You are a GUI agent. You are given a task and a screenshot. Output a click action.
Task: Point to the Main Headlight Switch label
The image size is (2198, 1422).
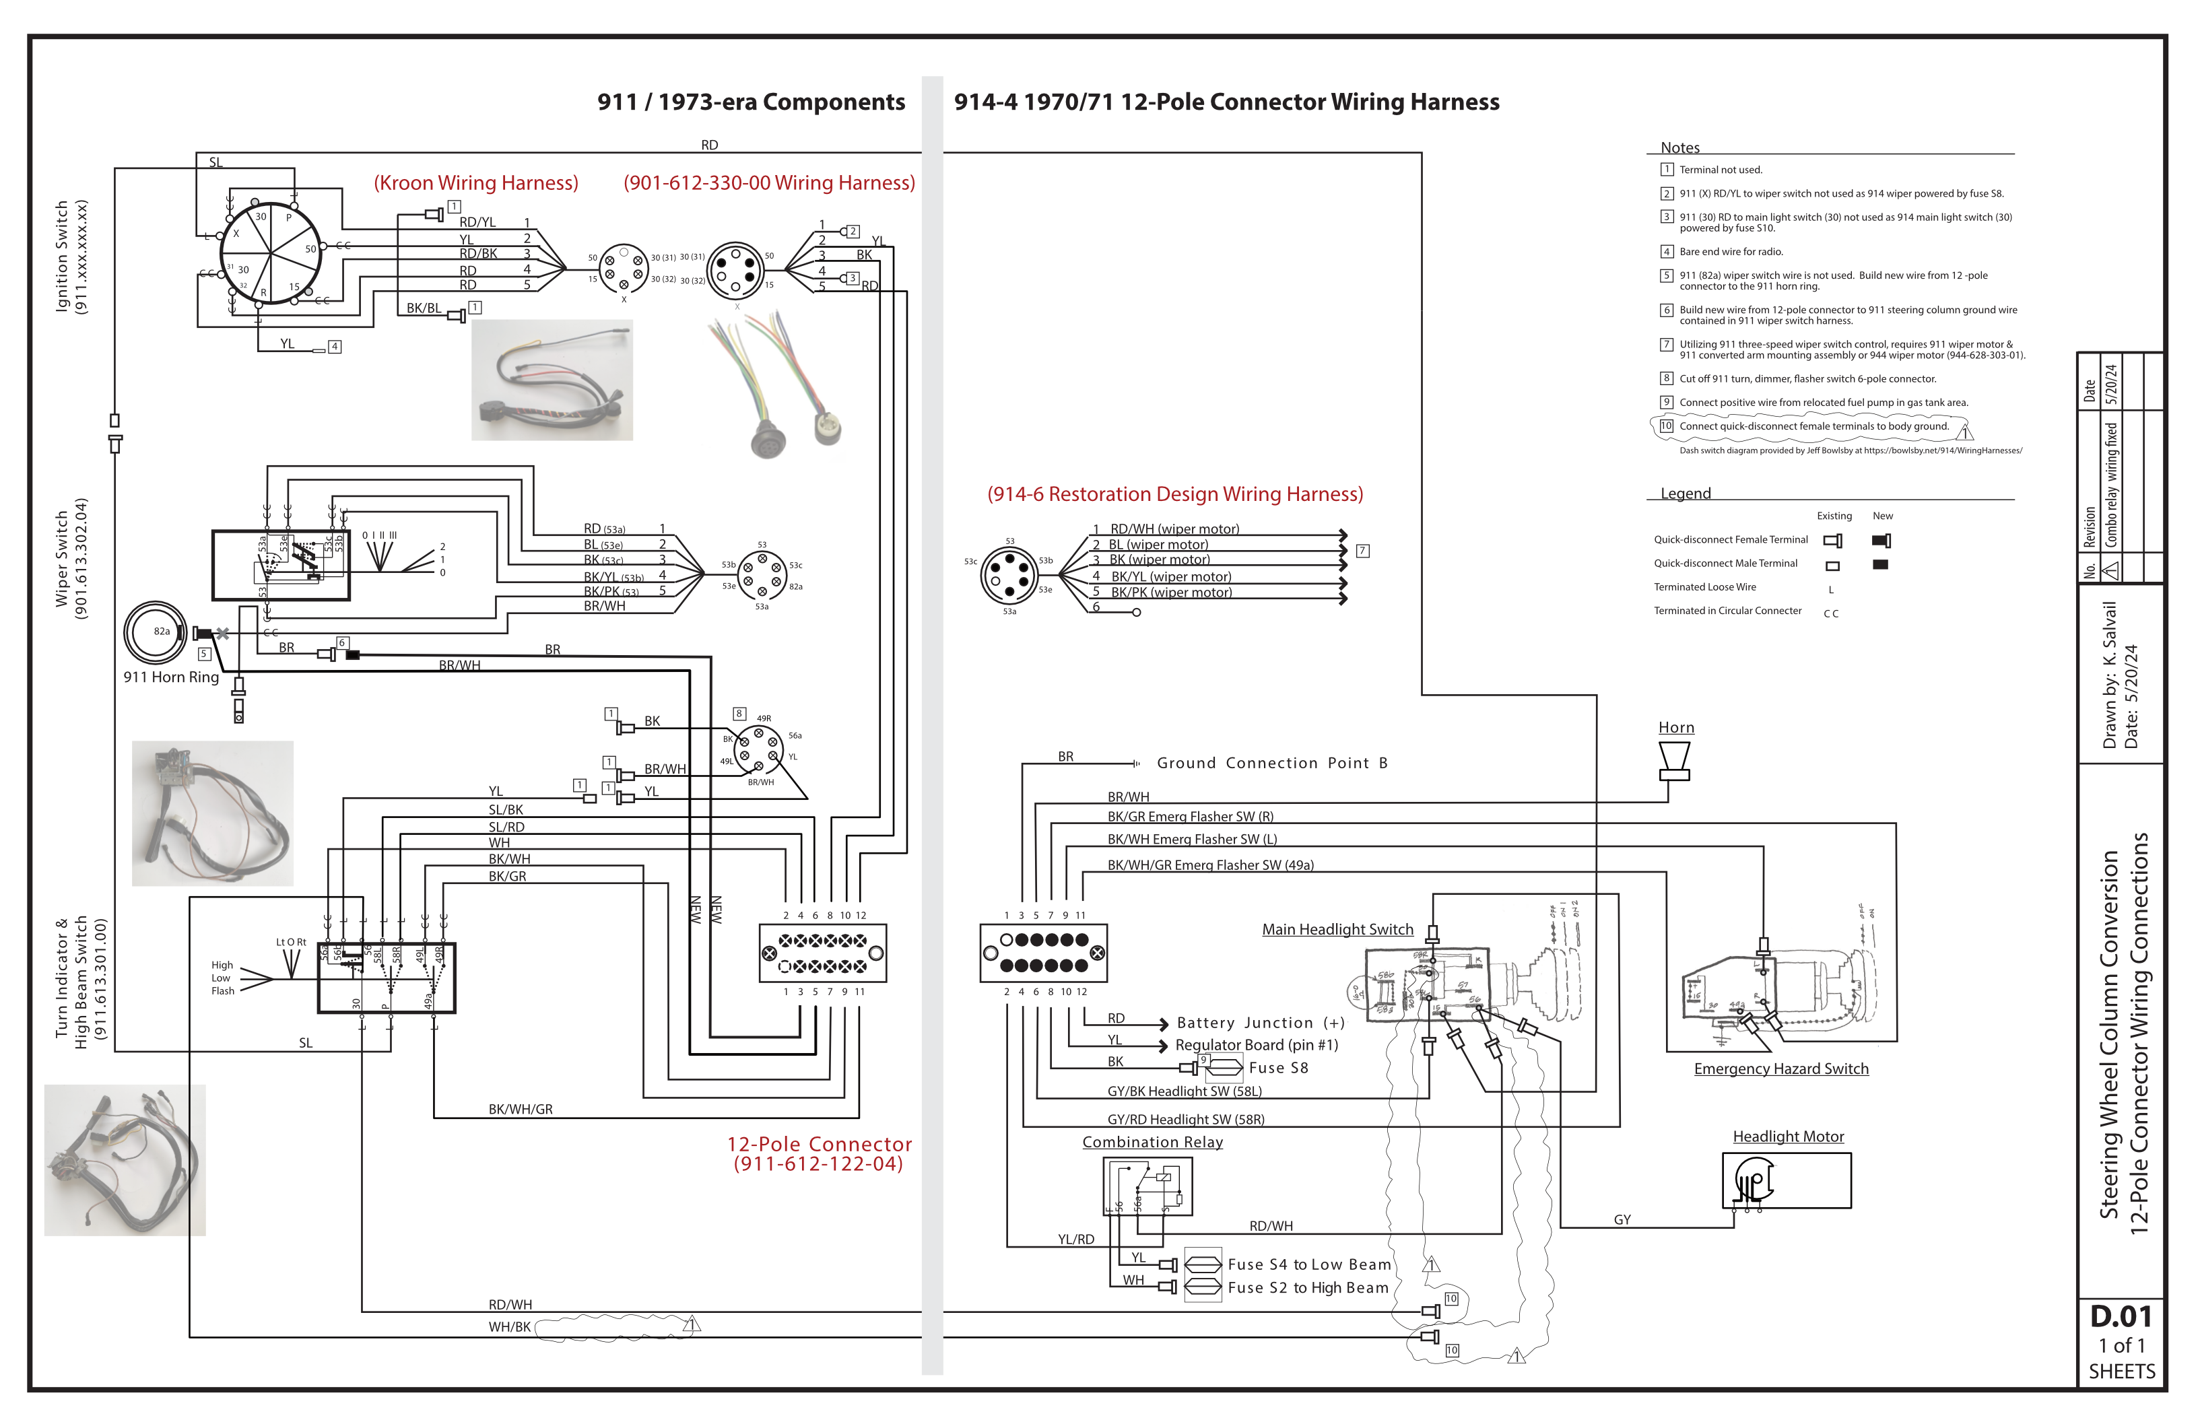(1337, 929)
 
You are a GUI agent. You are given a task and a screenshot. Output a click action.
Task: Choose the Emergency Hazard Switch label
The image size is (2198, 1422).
(1780, 1069)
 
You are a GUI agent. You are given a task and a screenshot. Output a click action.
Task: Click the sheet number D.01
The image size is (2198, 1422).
(2121, 1316)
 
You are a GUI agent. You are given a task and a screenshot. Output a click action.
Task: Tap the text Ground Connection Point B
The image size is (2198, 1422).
(1271, 763)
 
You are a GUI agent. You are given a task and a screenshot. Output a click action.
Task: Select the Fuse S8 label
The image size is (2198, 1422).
(1278, 1067)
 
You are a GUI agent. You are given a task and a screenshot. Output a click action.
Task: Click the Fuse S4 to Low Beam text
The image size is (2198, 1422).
(1308, 1264)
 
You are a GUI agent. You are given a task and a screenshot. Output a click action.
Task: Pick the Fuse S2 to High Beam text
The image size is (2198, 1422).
(1308, 1287)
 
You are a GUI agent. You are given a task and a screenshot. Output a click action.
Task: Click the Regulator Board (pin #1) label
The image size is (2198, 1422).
(1256, 1044)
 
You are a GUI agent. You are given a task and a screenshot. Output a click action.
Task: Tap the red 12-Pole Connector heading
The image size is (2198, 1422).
(819, 1144)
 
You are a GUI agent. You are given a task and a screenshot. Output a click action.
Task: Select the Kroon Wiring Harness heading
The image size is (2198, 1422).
(475, 183)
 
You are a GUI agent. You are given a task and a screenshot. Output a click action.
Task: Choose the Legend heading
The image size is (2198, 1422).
(1686, 493)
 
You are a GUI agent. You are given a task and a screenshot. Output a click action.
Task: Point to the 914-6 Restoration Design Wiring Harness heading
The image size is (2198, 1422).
(1174, 494)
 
